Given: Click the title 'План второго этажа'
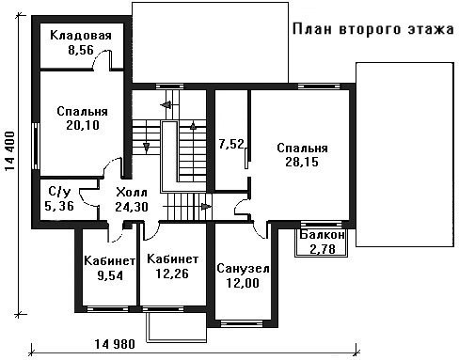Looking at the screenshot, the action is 373,29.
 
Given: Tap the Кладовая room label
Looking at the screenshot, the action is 81,36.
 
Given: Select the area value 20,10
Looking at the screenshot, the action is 83,125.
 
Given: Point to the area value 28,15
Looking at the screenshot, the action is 302,162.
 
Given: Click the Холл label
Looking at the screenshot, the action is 132,193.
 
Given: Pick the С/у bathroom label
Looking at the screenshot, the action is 59,192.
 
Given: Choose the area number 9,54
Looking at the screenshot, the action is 110,275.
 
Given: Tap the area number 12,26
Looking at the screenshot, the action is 172,274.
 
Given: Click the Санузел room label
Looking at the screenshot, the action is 243,269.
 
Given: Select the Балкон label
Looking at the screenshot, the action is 322,235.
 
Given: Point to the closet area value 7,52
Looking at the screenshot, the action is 231,145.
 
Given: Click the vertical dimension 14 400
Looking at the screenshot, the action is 10,151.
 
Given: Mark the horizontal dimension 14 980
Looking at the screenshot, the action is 115,344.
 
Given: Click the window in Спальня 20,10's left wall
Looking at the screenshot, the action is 37,146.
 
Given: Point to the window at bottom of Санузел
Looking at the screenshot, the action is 242,323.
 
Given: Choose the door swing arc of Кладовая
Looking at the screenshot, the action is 100,58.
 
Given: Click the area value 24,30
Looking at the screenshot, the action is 132,207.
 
